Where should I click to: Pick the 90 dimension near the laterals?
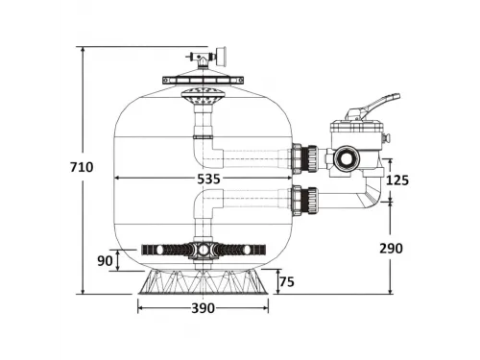pos(105,259)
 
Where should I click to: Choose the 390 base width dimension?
pos(202,308)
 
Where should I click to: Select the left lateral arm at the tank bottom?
pos(163,251)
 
